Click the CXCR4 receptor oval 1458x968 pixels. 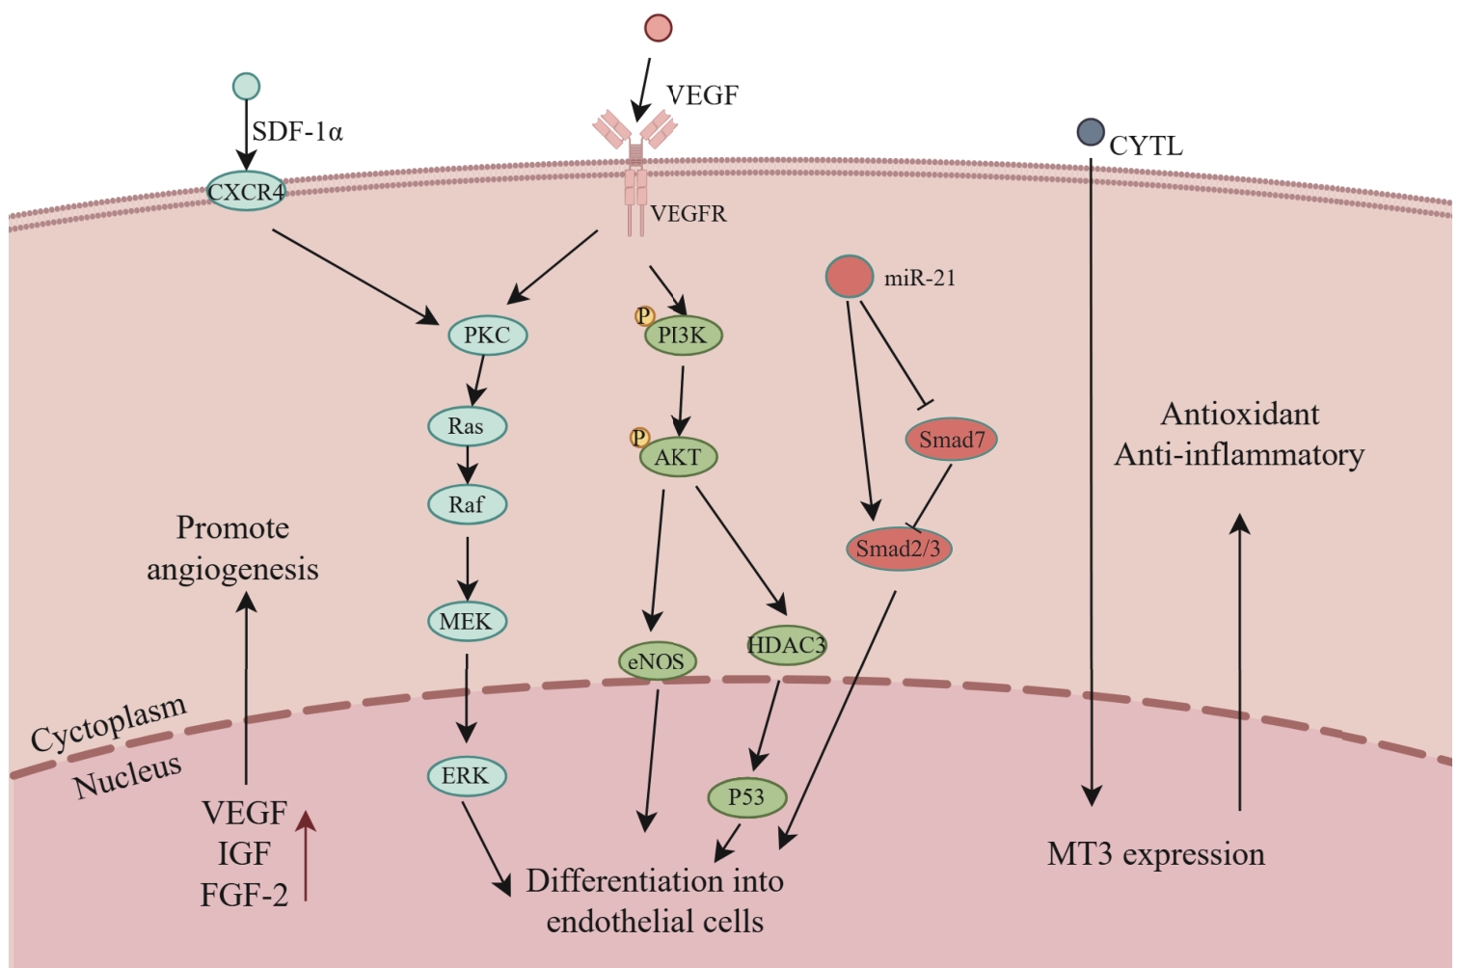(247, 192)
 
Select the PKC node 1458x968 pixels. (487, 336)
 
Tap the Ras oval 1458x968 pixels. (467, 426)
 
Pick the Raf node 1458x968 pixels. (467, 504)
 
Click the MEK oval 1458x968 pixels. (467, 622)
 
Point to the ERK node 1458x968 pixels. (466, 776)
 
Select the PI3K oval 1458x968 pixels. (683, 336)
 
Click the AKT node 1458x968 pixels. (679, 457)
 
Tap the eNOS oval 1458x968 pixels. (657, 661)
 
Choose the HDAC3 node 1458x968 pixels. (787, 645)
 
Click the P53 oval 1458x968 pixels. (746, 797)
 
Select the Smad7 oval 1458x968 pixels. (951, 440)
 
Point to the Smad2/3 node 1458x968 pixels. (898, 550)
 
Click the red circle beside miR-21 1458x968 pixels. (850, 277)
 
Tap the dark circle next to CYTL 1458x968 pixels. (1091, 132)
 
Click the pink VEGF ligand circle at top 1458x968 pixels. (659, 27)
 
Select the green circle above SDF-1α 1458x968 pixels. (246, 87)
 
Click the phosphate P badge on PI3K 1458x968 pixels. (644, 315)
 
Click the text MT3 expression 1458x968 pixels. (1155, 854)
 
